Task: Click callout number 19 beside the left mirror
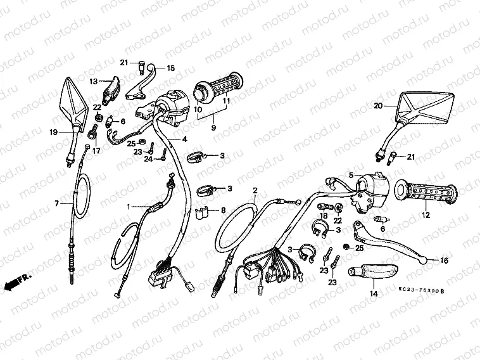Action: pos(53,132)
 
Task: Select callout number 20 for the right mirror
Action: pos(379,106)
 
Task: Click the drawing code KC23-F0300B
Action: pos(421,290)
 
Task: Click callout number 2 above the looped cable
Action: pos(255,190)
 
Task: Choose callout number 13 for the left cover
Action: pos(92,82)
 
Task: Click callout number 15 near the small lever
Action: pos(170,68)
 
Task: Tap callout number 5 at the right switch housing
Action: pos(350,175)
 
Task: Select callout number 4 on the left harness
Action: pos(184,139)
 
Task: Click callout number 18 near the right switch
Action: pos(324,216)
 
